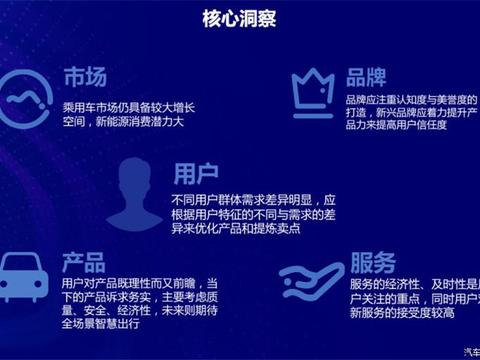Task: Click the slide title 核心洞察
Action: pyautogui.click(x=240, y=18)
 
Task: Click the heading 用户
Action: pyautogui.click(x=194, y=173)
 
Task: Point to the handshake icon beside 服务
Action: pyautogui.click(x=312, y=277)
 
